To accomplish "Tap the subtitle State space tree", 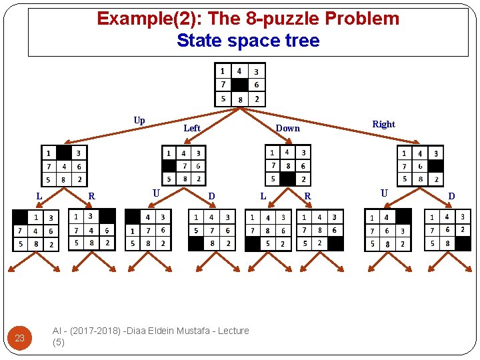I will (248, 41).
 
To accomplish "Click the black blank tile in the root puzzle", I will (239, 85).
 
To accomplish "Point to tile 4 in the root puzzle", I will (239, 71).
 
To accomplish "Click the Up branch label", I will (139, 121).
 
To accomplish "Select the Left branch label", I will (192, 128).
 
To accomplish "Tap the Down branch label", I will (288, 128).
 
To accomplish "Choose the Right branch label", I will (383, 124).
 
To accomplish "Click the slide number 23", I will (19, 338).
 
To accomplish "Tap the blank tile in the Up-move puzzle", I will (64, 152).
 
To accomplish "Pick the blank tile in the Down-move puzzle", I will (287, 179).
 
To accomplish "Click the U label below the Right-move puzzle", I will (384, 193).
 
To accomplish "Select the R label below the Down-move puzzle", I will (307, 196).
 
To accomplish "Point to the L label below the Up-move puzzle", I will (39, 196).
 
